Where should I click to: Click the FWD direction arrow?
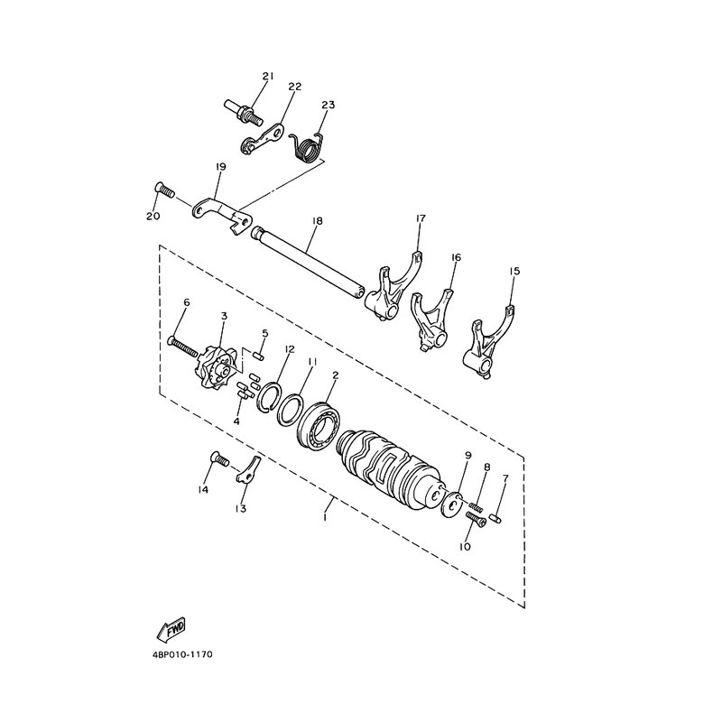coord(171,629)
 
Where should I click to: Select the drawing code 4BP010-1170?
coord(182,654)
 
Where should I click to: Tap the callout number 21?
coord(268,76)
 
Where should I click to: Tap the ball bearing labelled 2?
coord(319,424)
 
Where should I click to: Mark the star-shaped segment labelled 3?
coord(217,367)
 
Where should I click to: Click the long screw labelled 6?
coord(183,348)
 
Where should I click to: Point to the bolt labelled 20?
coord(163,190)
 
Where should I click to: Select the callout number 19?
coord(220,167)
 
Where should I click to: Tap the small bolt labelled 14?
coord(219,458)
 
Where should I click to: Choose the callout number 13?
coord(240,508)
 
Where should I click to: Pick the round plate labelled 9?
coord(452,504)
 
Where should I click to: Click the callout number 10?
coord(465,547)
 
